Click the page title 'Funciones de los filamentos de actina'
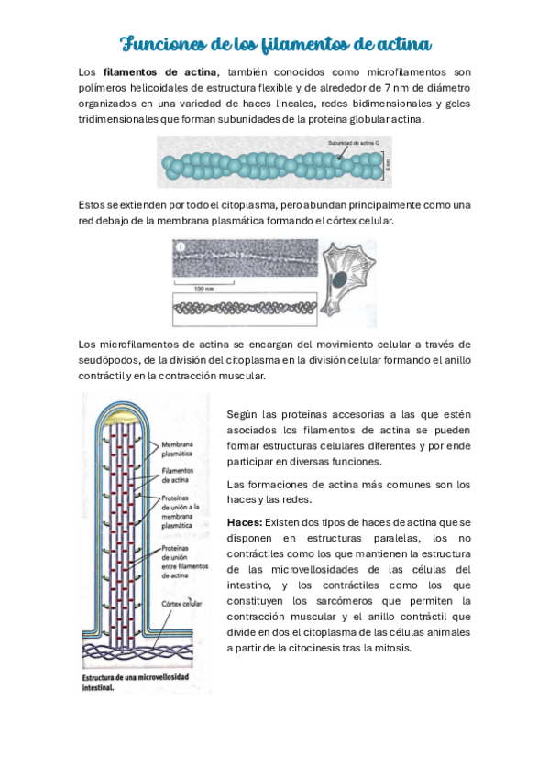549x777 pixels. [276, 43]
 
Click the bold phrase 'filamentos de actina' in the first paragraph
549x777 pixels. [160, 71]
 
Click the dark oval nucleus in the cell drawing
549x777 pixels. [339, 279]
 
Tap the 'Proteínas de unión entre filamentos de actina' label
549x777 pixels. [181, 564]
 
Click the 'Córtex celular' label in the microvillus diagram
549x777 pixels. [181, 605]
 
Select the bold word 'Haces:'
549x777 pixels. [244, 521]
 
